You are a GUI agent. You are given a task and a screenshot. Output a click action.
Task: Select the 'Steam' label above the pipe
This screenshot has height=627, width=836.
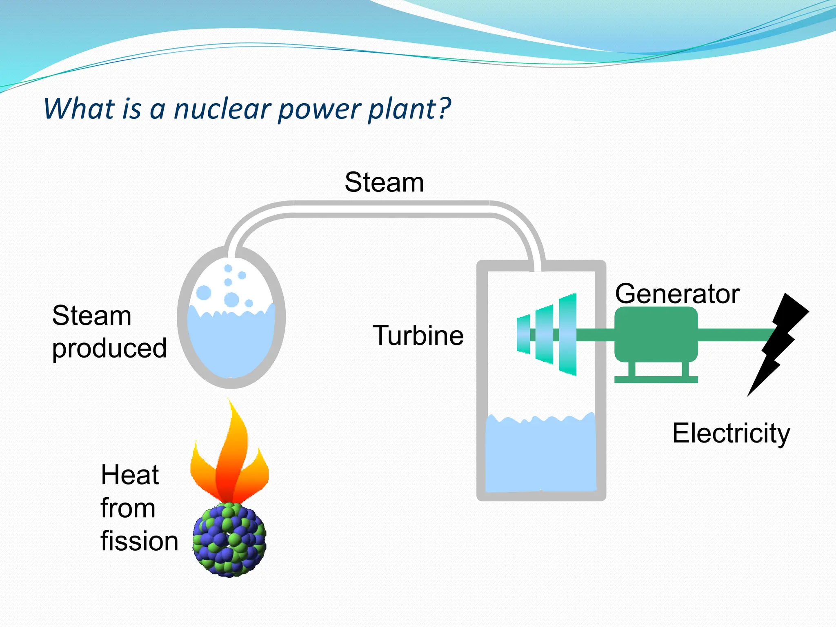click(x=384, y=182)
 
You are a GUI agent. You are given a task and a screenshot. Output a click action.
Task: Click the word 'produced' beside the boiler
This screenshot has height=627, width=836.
click(x=109, y=348)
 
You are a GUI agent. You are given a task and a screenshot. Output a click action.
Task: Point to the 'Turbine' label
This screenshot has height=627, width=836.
click(x=418, y=336)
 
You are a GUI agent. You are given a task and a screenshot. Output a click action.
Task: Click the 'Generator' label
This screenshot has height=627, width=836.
click(x=677, y=293)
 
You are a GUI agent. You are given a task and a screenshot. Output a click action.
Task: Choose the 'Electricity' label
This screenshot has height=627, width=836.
click(x=731, y=433)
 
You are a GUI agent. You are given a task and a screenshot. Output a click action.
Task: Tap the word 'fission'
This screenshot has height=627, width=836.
click(x=139, y=541)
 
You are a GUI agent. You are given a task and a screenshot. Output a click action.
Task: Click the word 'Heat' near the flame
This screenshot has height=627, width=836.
click(x=130, y=475)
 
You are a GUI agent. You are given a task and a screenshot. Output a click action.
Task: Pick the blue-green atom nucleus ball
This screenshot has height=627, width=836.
click(x=229, y=540)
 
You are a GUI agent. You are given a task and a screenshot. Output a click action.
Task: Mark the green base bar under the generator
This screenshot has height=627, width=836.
click(x=656, y=380)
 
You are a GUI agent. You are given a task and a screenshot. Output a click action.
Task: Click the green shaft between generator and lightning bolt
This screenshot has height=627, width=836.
click(x=735, y=335)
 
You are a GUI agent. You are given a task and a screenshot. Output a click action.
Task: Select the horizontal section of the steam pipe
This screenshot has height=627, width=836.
click(x=392, y=209)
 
